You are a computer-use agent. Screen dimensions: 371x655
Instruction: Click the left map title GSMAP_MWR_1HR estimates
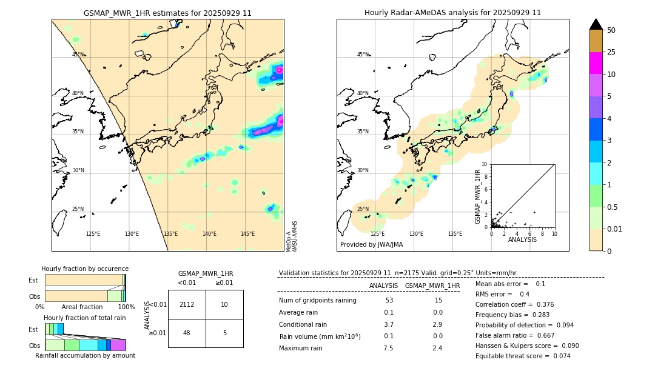click(167, 13)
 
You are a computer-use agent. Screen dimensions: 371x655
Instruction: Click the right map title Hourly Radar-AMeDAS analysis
click(452, 13)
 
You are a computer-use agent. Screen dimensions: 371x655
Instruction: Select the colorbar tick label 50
click(611, 30)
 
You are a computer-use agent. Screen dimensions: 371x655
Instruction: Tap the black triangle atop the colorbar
click(596, 24)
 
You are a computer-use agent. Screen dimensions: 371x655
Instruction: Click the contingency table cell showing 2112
click(187, 304)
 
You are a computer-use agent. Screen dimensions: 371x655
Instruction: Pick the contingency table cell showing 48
click(187, 333)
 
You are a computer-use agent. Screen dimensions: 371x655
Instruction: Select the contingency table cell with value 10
click(224, 304)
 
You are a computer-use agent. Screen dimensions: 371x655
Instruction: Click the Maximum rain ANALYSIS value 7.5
click(388, 348)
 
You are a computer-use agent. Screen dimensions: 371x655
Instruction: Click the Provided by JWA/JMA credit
click(371, 245)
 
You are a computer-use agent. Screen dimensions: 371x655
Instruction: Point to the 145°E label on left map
click(247, 234)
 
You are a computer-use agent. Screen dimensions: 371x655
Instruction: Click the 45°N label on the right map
click(363, 55)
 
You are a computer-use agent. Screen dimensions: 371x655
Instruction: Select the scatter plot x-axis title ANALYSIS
click(522, 239)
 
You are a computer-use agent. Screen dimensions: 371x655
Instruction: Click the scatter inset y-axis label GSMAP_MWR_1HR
click(477, 197)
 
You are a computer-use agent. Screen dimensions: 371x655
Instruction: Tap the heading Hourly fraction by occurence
click(85, 269)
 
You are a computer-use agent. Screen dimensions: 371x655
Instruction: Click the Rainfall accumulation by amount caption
click(85, 355)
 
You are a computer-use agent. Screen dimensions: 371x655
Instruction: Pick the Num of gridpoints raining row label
click(317, 301)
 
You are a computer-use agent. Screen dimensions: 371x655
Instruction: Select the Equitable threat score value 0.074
click(562, 356)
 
